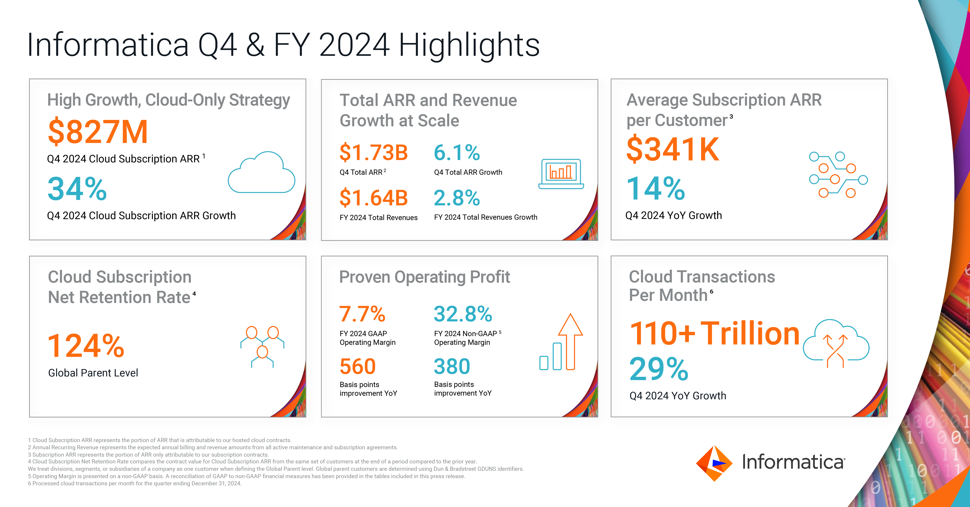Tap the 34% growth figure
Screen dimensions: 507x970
tap(77, 189)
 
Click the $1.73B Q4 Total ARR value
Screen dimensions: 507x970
tap(373, 152)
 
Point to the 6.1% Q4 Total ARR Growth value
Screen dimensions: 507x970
tap(457, 152)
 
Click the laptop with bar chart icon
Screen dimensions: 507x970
tap(561, 174)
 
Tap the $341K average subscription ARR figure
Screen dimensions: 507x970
tap(673, 149)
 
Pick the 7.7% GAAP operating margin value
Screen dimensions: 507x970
tap(362, 314)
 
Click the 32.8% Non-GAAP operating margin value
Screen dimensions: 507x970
tap(463, 314)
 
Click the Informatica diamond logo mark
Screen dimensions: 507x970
tap(714, 463)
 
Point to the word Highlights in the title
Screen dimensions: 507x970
tap(469, 45)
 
